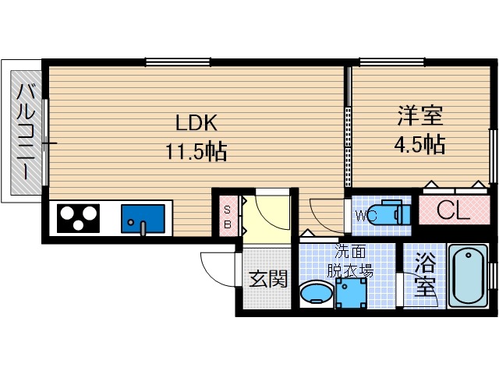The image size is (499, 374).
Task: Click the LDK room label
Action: (196, 123)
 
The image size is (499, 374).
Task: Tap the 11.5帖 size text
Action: (196, 151)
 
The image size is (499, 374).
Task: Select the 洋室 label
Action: (420, 115)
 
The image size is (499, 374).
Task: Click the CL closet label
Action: (453, 210)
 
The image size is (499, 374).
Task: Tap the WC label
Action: (366, 216)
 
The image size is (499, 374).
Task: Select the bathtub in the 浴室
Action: (468, 275)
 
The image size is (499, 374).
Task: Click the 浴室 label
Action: (424, 275)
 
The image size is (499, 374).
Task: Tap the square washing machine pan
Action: (351, 293)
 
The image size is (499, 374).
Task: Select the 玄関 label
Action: (268, 279)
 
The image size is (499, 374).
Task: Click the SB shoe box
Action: (228, 217)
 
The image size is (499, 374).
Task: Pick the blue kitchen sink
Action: (143, 219)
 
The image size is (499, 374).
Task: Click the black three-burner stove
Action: (78, 218)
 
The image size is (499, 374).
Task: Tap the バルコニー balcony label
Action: (26, 131)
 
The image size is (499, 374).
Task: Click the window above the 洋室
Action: (392, 62)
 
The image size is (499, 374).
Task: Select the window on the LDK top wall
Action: (178, 62)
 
